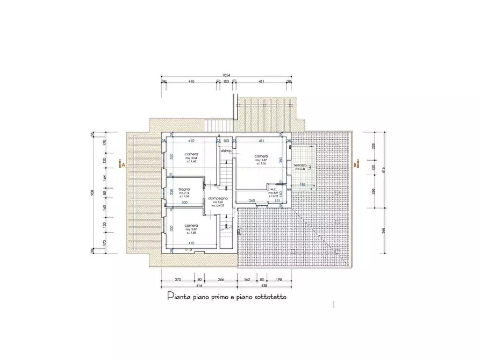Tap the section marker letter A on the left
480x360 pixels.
[x=123, y=165]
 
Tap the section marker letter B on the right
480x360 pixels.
[x=355, y=166]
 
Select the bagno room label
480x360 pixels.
[x=184, y=190]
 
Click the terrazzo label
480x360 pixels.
[x=300, y=165]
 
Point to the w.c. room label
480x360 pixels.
[x=273, y=189]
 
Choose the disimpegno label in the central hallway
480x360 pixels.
[x=218, y=198]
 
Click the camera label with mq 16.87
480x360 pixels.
[x=261, y=156]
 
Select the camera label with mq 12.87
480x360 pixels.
[x=191, y=225]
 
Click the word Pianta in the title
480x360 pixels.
[x=177, y=296]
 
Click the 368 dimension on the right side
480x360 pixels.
[x=384, y=231]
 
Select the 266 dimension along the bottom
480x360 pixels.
[x=221, y=280]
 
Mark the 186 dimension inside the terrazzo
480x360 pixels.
[x=302, y=184]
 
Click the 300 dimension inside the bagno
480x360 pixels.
[x=184, y=203]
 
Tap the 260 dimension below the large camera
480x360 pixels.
[x=251, y=200]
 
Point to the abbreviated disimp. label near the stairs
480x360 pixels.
[x=225, y=151]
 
